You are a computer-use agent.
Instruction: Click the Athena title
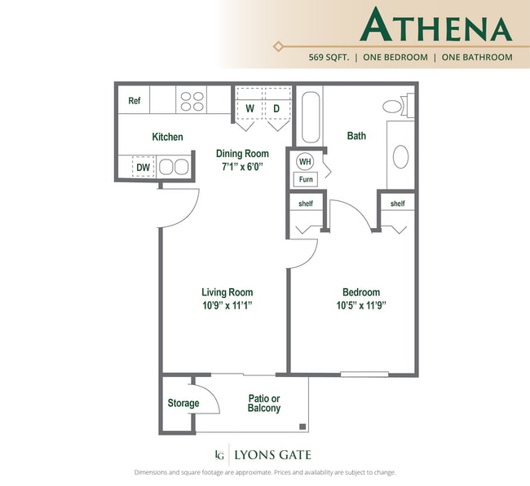click(435, 26)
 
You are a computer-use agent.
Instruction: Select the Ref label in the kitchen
click(135, 101)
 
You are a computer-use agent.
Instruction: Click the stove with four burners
click(192, 101)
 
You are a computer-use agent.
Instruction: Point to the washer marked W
click(250, 108)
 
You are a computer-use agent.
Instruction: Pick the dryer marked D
click(276, 108)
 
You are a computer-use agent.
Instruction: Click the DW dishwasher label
click(143, 168)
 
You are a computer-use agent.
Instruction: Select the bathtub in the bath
click(311, 118)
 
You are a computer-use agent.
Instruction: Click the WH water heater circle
click(305, 161)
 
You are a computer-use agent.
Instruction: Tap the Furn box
click(306, 179)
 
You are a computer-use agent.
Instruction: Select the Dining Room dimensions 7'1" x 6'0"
click(241, 166)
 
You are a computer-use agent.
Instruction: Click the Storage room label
click(183, 403)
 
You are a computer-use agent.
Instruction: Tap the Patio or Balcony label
click(263, 403)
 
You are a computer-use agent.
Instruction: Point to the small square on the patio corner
click(303, 426)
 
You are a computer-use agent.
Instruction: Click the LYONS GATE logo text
click(272, 454)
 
